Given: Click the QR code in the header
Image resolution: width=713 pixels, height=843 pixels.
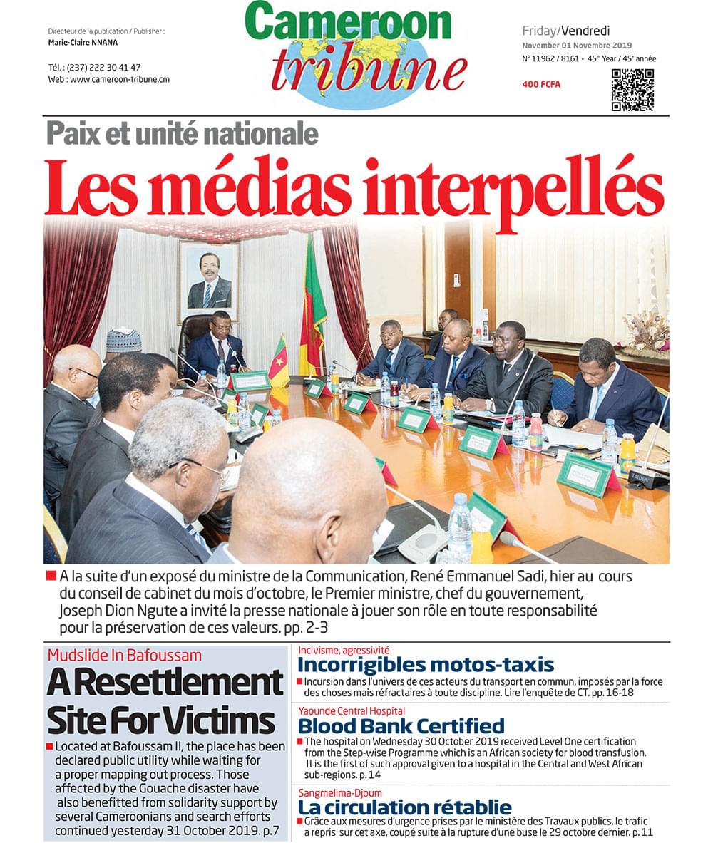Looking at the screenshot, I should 632,90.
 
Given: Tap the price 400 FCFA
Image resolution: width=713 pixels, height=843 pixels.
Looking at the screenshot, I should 541,85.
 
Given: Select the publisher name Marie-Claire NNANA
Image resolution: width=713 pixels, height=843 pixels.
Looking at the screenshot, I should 83,43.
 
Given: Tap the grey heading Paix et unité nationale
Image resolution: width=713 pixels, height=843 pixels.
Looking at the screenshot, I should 183,133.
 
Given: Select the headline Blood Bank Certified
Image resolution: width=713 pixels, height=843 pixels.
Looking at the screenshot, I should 401,726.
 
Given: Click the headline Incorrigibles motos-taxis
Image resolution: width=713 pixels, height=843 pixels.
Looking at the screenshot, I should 425,665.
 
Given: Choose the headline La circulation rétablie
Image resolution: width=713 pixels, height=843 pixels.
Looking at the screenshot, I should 404,807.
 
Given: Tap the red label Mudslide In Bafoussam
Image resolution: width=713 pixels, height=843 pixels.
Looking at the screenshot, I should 125,655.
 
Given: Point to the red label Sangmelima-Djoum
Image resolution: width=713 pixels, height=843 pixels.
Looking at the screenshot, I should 340,792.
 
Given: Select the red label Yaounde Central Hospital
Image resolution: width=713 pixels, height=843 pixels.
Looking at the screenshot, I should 352,711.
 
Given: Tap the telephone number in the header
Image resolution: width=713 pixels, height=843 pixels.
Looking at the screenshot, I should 94,67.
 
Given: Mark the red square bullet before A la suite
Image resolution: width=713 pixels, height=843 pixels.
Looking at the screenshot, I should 51,576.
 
